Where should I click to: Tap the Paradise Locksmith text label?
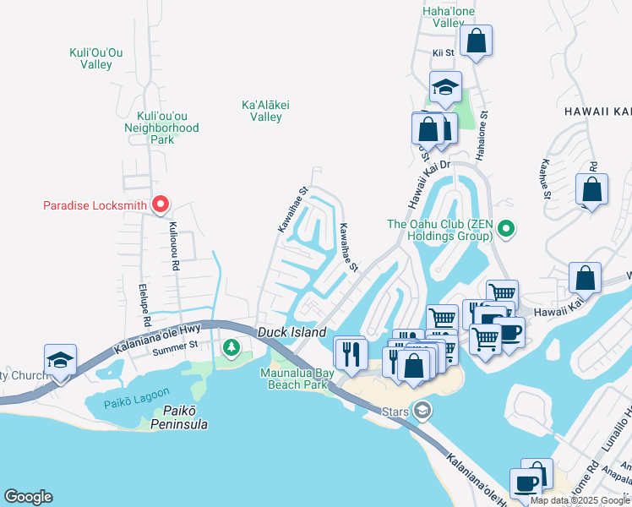point(95,205)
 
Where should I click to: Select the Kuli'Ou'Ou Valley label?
point(96,58)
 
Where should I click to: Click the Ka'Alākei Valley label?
point(266,111)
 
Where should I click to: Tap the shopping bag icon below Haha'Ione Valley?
point(477,41)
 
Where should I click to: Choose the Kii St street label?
point(444,52)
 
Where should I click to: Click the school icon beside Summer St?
point(61,361)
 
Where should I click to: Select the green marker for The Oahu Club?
point(505,227)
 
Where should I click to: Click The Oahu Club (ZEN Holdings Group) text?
point(439,230)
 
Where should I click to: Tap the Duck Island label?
point(292,333)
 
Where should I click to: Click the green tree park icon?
point(230,346)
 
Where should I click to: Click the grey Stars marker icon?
point(422,412)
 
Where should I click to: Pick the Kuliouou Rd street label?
point(174,246)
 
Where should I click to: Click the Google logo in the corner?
point(28,497)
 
